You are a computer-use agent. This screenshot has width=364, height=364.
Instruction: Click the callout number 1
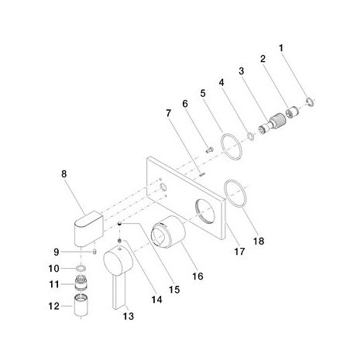(281, 48)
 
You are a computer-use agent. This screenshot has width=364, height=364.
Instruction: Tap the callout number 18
(259, 241)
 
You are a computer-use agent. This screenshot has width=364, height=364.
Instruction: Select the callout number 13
(129, 316)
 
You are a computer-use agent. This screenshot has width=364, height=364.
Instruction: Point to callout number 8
(64, 174)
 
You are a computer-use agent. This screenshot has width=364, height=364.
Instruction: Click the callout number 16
(197, 276)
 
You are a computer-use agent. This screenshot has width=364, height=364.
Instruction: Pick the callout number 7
(169, 113)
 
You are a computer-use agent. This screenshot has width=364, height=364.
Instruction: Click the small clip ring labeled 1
(310, 101)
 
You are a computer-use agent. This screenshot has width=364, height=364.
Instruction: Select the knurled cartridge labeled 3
(273, 123)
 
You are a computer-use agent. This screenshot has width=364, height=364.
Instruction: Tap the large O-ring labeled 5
(232, 146)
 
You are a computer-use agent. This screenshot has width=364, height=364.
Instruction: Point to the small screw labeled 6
(210, 149)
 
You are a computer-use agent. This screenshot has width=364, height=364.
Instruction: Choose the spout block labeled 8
(89, 228)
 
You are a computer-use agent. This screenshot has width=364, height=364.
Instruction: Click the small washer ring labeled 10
(81, 269)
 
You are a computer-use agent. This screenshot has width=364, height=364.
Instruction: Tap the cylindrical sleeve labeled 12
(81, 305)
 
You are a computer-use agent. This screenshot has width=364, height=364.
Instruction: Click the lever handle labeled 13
(118, 270)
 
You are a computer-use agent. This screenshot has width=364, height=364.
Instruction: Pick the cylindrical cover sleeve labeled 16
(168, 232)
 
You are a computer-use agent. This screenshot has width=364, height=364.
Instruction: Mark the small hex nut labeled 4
(250, 136)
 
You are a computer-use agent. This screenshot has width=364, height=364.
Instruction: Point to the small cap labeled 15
(119, 223)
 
